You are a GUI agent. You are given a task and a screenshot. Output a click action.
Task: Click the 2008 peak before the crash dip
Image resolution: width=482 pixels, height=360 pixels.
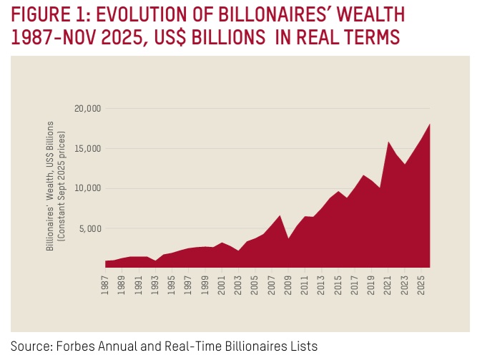tap(280, 215)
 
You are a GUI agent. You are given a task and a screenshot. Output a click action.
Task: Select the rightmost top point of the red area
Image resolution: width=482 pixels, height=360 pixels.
tap(429, 125)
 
